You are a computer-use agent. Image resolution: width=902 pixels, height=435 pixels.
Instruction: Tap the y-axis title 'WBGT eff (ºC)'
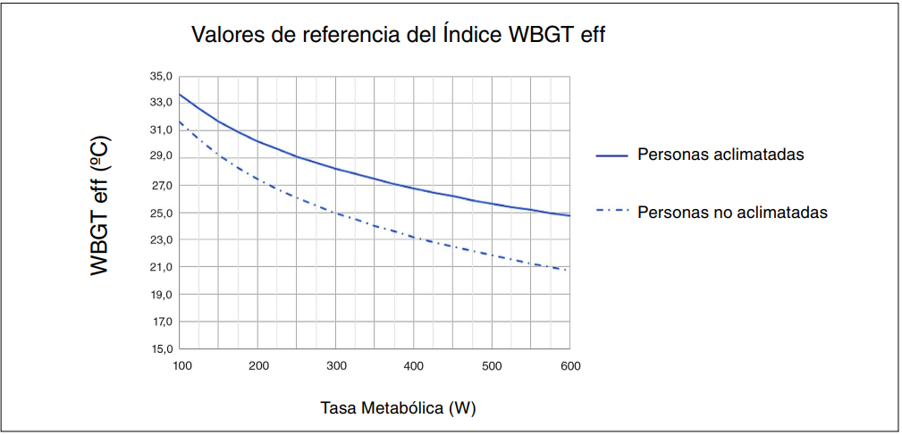point(99,205)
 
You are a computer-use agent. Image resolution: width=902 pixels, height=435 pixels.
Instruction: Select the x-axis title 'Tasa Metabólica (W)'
point(399,408)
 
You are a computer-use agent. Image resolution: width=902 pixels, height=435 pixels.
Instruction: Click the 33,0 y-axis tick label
point(162,103)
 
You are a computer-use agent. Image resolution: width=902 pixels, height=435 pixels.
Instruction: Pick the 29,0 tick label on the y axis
point(162,157)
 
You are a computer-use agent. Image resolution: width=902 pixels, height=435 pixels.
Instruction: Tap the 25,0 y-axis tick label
point(162,213)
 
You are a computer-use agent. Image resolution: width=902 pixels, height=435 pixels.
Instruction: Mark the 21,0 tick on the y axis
point(162,267)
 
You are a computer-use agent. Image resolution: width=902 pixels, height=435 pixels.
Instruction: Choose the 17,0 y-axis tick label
point(162,322)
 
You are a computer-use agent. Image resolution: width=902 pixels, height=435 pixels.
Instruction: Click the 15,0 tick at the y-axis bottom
point(162,349)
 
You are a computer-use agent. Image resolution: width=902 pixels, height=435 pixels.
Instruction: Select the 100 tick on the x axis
point(181,366)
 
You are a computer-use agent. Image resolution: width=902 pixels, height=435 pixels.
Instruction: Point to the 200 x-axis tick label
point(258,366)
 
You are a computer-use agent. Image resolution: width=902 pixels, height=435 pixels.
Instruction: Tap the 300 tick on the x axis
point(336,366)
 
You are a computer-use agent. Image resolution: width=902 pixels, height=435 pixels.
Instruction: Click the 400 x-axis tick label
point(414,366)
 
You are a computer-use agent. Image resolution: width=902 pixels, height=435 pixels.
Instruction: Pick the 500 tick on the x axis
point(492,366)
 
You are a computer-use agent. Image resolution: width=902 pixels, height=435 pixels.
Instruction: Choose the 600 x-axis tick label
point(569,366)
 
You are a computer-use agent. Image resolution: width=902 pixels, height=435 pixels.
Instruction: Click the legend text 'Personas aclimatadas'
point(721,155)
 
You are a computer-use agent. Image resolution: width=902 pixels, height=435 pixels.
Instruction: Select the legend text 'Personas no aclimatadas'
point(732,213)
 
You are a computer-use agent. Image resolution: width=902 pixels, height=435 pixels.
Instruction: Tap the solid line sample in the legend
point(612,155)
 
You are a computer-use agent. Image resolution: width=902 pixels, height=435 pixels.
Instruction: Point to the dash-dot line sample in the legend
point(612,213)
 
